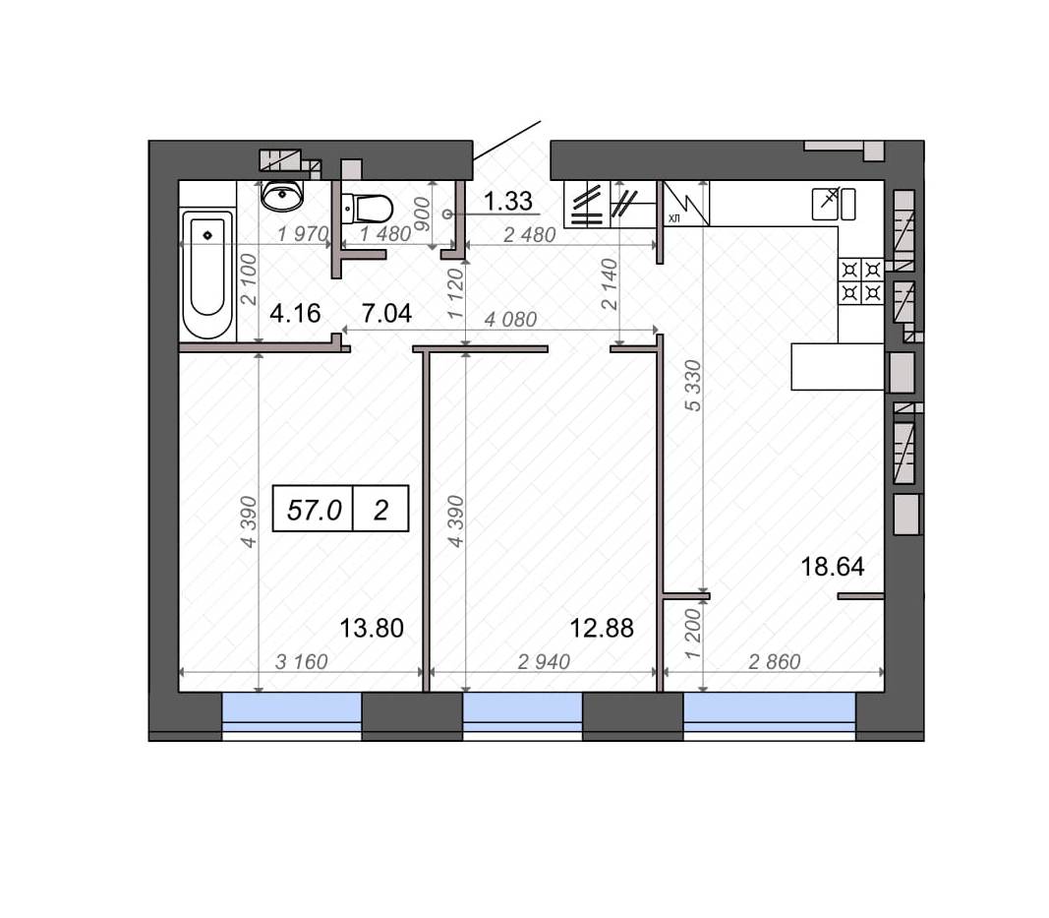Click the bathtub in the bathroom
[x=207, y=274]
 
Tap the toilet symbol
[x=367, y=209]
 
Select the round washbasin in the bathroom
[x=282, y=195]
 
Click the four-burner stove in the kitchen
[x=861, y=281]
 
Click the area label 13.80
[x=372, y=628]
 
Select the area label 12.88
[x=602, y=628]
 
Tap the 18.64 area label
[x=833, y=567]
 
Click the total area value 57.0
[x=314, y=511]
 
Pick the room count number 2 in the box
[x=380, y=511]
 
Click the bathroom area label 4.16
[x=295, y=313]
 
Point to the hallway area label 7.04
[x=386, y=313]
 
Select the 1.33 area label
[x=507, y=201]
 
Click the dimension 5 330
[x=694, y=386]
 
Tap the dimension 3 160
[x=302, y=661]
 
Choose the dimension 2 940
[x=544, y=661]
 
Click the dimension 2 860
[x=774, y=661]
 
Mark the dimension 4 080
[x=510, y=320]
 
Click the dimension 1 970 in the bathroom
[x=303, y=234]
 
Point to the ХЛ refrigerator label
[x=673, y=218]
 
